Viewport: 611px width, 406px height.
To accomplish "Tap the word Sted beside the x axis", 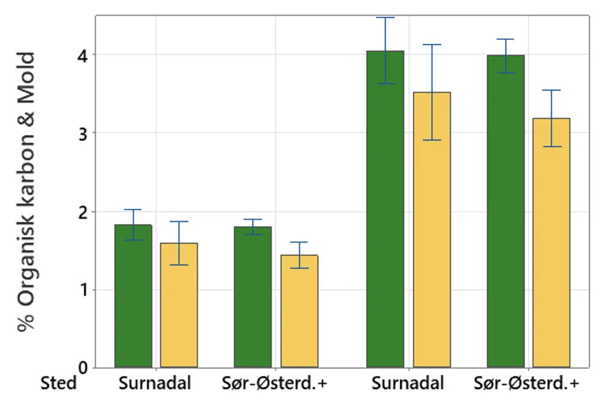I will pyautogui.click(x=58, y=383).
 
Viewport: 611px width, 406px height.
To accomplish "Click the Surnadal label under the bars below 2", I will pyautogui.click(x=155, y=383).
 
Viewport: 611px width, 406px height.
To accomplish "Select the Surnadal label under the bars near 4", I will pyautogui.click(x=408, y=383).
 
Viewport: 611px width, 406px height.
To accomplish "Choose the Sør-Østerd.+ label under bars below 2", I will pyautogui.click(x=274, y=383).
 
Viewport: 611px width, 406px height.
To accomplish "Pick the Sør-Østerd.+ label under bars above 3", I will pyautogui.click(x=527, y=383).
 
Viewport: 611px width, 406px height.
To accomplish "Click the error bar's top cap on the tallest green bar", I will pyautogui.click(x=385, y=17).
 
